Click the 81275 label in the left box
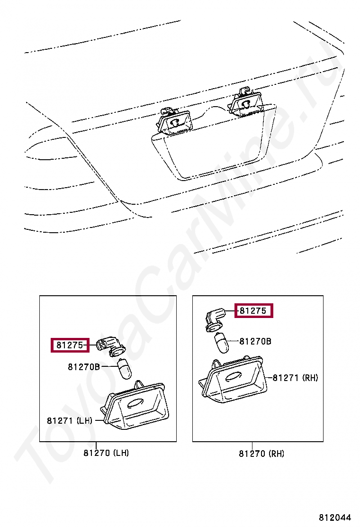click(x=70, y=345)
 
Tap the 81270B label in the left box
click(x=84, y=367)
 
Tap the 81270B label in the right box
click(x=255, y=341)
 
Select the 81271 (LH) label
click(x=69, y=420)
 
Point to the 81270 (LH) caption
click(x=106, y=453)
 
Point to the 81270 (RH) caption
click(x=261, y=454)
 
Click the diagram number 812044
click(x=334, y=517)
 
